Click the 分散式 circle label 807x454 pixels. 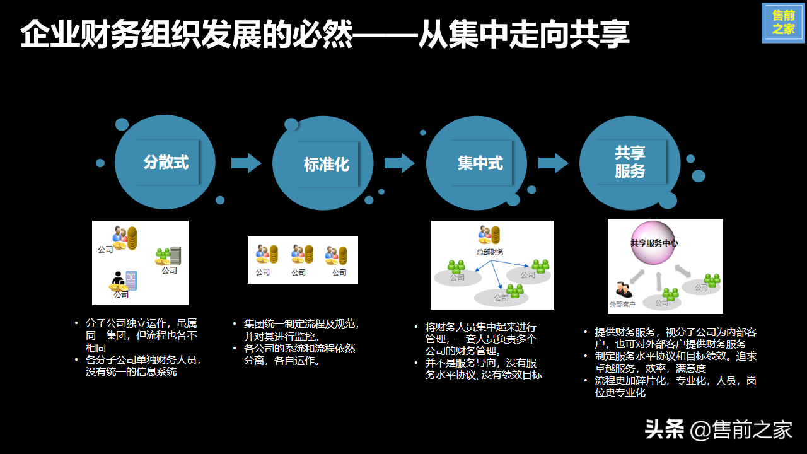166,162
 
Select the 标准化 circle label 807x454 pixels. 326,165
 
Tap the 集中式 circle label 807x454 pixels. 480,163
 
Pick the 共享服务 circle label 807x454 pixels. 630,162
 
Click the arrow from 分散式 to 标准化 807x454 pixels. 246,163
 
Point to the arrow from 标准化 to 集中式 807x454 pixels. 399,163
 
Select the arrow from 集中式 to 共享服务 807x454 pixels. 553,163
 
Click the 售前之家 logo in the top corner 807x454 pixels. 783,23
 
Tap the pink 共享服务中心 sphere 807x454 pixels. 654,243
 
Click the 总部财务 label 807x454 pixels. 490,252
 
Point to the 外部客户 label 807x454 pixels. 622,303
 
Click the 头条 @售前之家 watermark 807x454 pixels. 718,430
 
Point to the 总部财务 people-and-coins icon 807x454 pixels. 489,235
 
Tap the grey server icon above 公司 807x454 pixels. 175,255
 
